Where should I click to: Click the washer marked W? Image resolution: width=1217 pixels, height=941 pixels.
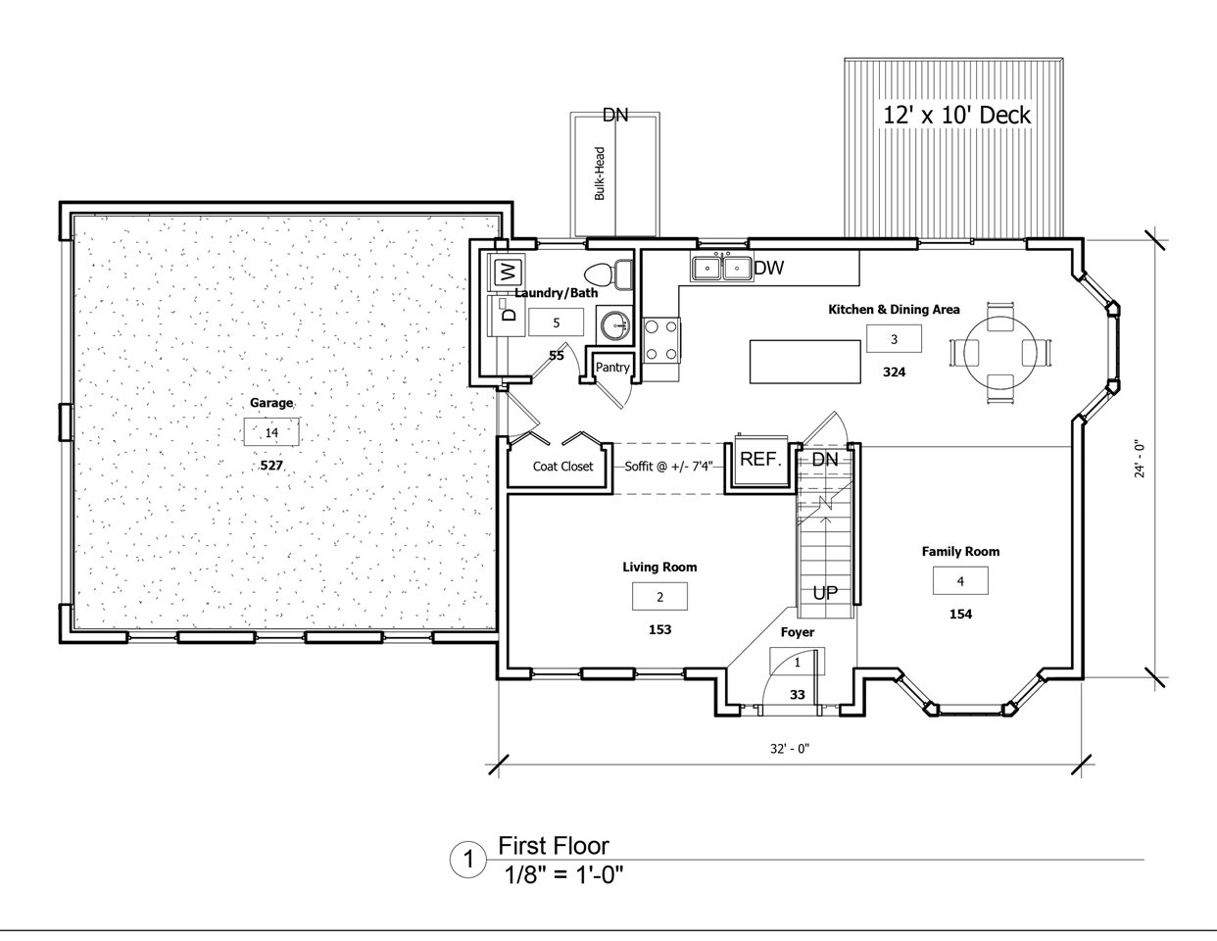pos(507,272)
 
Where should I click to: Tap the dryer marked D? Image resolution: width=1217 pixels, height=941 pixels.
pos(507,316)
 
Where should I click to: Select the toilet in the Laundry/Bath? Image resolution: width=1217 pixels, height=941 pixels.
pos(608,274)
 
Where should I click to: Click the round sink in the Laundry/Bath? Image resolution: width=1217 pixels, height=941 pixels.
pos(615,324)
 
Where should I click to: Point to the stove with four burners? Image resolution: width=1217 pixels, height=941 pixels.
pos(661,340)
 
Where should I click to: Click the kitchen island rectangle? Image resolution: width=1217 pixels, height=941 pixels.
pos(804,362)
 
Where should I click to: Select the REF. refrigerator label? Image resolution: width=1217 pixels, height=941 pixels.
pos(760,460)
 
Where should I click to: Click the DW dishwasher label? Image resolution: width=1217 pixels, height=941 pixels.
pos(768,269)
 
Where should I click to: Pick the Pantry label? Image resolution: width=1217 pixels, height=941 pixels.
pos(612,368)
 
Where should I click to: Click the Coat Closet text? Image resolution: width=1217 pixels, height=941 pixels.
pos(562,466)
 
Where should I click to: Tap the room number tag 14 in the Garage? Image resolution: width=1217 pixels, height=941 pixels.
pos(271,432)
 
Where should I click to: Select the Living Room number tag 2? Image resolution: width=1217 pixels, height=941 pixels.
pos(659,597)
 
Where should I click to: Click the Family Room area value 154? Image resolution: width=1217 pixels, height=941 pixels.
pos(960,614)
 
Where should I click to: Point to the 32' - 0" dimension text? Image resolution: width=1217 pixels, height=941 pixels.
pos(790,748)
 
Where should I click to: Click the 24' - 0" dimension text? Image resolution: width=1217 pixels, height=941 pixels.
pos(1140,460)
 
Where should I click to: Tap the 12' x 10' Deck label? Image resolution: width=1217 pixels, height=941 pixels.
pos(956,115)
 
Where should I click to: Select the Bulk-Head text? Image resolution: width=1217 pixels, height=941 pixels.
pos(600,173)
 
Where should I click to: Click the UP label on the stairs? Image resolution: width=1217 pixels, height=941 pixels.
pos(825,593)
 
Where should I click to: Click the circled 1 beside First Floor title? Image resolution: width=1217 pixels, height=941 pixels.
pos(468,860)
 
